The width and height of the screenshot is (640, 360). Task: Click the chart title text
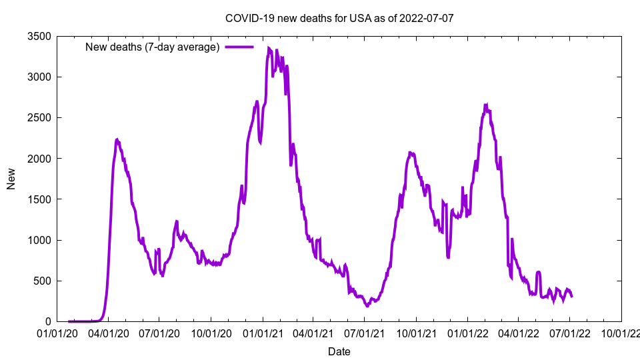[x=339, y=18]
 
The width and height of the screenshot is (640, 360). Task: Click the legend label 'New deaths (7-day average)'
[x=153, y=47]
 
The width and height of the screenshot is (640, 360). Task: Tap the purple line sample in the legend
[x=239, y=47]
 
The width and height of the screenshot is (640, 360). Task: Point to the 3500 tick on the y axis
[x=40, y=36]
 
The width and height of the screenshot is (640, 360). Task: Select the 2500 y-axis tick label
[x=40, y=118]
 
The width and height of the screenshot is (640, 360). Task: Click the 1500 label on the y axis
[x=40, y=199]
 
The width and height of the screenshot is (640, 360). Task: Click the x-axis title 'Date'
[x=339, y=351]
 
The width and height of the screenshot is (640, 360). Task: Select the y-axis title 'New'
[x=11, y=179]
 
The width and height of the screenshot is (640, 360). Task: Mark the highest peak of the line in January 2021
[x=269, y=48]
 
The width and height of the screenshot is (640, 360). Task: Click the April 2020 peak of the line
[x=117, y=139]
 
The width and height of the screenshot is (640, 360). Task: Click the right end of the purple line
[x=571, y=296]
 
